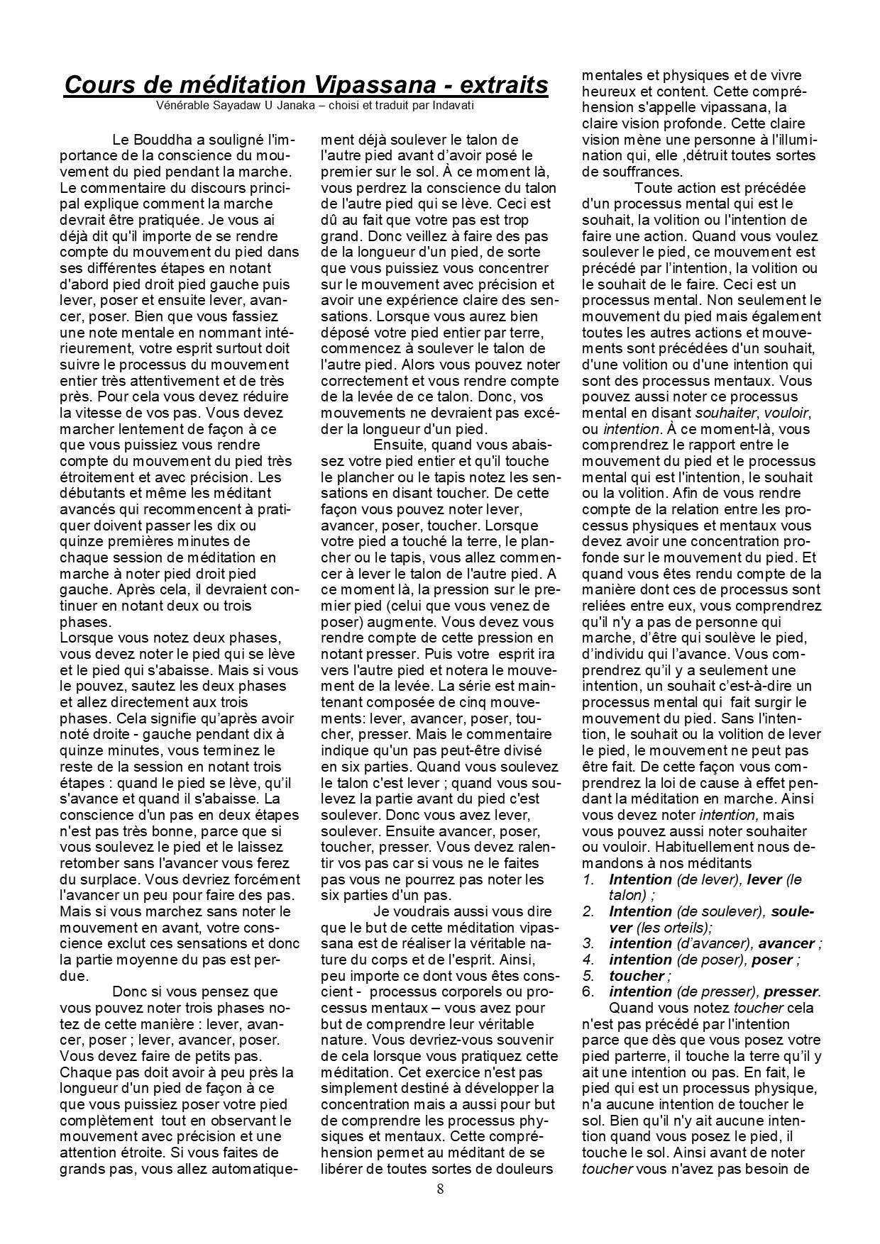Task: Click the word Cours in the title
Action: pos(103,85)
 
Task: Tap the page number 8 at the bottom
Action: pos(440,1189)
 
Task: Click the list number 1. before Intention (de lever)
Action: pos(588,879)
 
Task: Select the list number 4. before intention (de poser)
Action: pos(588,960)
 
